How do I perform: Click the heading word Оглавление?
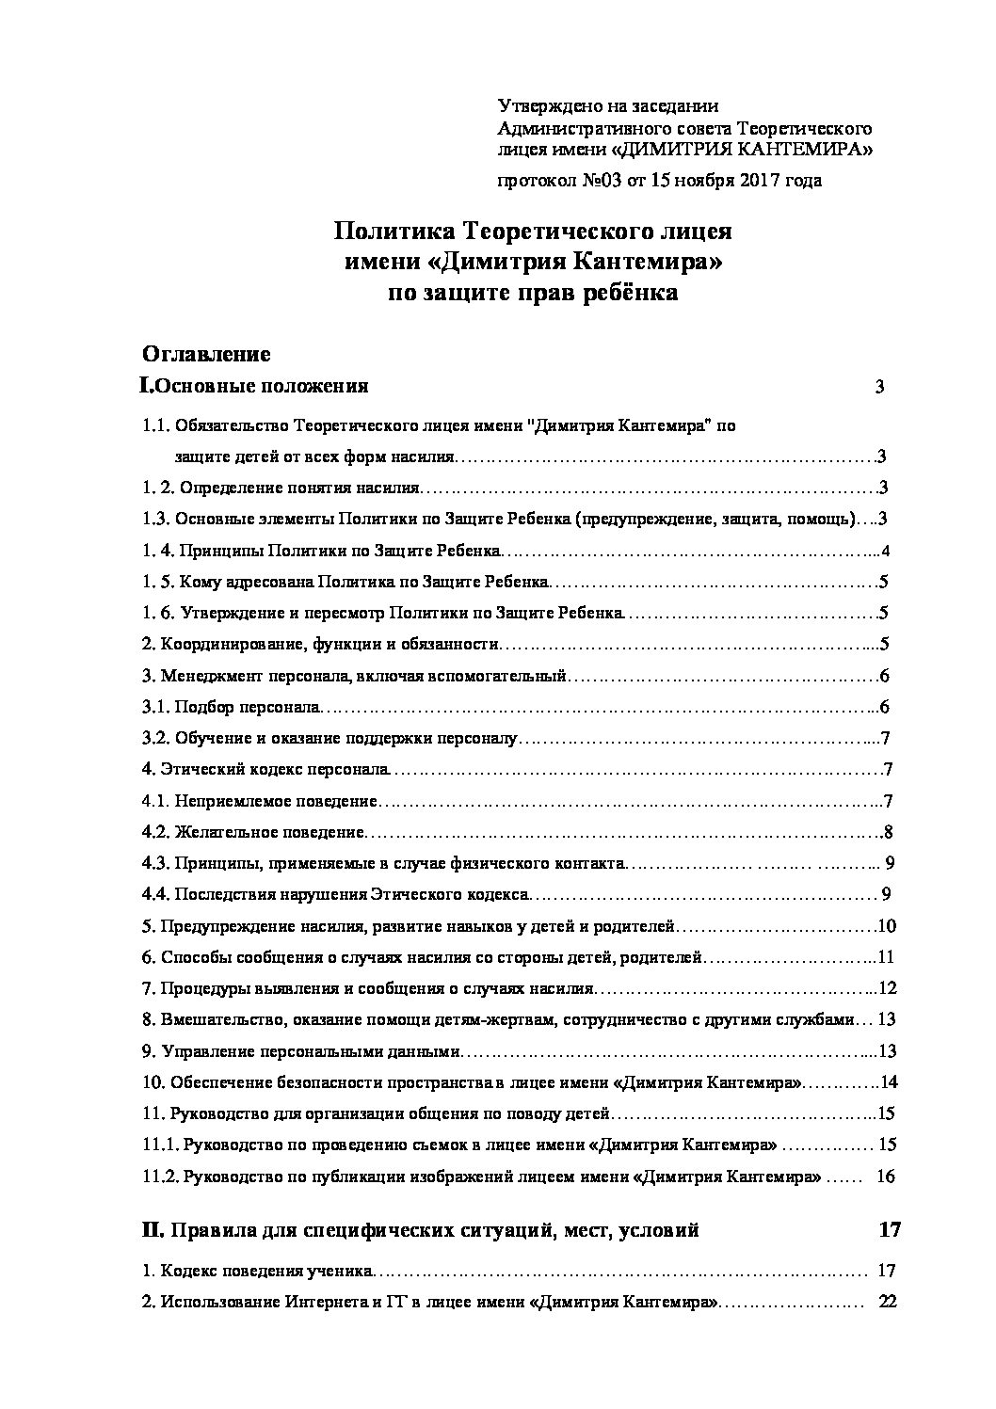(x=206, y=354)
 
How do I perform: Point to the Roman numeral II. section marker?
(x=153, y=1229)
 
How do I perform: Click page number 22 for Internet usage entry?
(x=887, y=1302)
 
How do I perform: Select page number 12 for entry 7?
(x=887, y=988)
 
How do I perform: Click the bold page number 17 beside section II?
(x=889, y=1229)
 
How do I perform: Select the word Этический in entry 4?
(x=202, y=769)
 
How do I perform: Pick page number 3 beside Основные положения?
(x=879, y=387)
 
